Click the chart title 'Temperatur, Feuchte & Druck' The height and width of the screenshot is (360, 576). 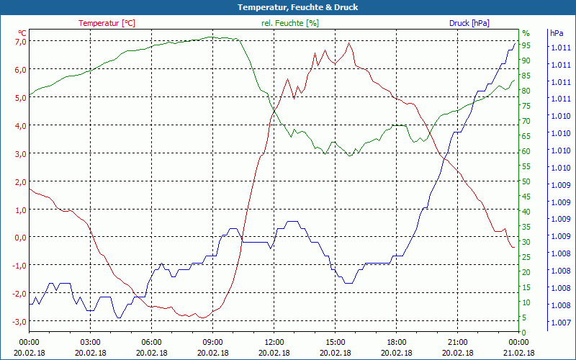click(x=297, y=7)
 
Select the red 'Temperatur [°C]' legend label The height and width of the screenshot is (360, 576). click(x=107, y=23)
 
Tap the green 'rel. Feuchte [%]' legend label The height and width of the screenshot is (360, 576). click(x=289, y=23)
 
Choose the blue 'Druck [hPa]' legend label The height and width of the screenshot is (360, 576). click(x=469, y=23)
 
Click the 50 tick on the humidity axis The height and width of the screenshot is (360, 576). click(x=526, y=181)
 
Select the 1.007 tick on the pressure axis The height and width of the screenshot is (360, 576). click(x=561, y=323)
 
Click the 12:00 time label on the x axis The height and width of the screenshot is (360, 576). click(x=274, y=342)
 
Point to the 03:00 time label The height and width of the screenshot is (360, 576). click(x=90, y=342)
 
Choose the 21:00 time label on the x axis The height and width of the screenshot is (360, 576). click(x=457, y=342)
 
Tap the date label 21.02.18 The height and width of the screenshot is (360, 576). click(x=518, y=353)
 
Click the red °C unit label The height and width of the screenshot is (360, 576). click(x=22, y=33)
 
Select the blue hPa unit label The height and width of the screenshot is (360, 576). click(x=557, y=33)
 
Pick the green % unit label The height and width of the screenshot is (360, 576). click(x=526, y=33)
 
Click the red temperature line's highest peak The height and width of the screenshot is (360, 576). click(x=349, y=42)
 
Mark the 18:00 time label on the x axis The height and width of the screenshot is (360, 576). click(x=396, y=342)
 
